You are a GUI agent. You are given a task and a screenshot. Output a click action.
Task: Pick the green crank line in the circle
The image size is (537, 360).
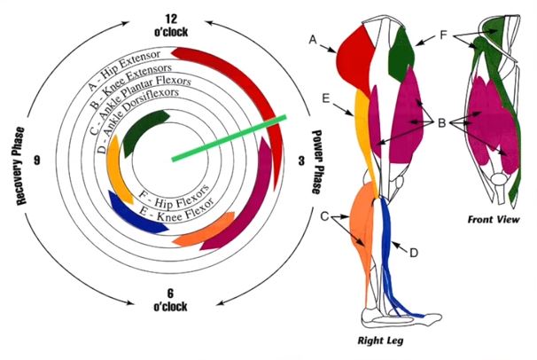[230, 137]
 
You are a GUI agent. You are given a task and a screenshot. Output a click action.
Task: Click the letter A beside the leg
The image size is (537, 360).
[313, 40]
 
